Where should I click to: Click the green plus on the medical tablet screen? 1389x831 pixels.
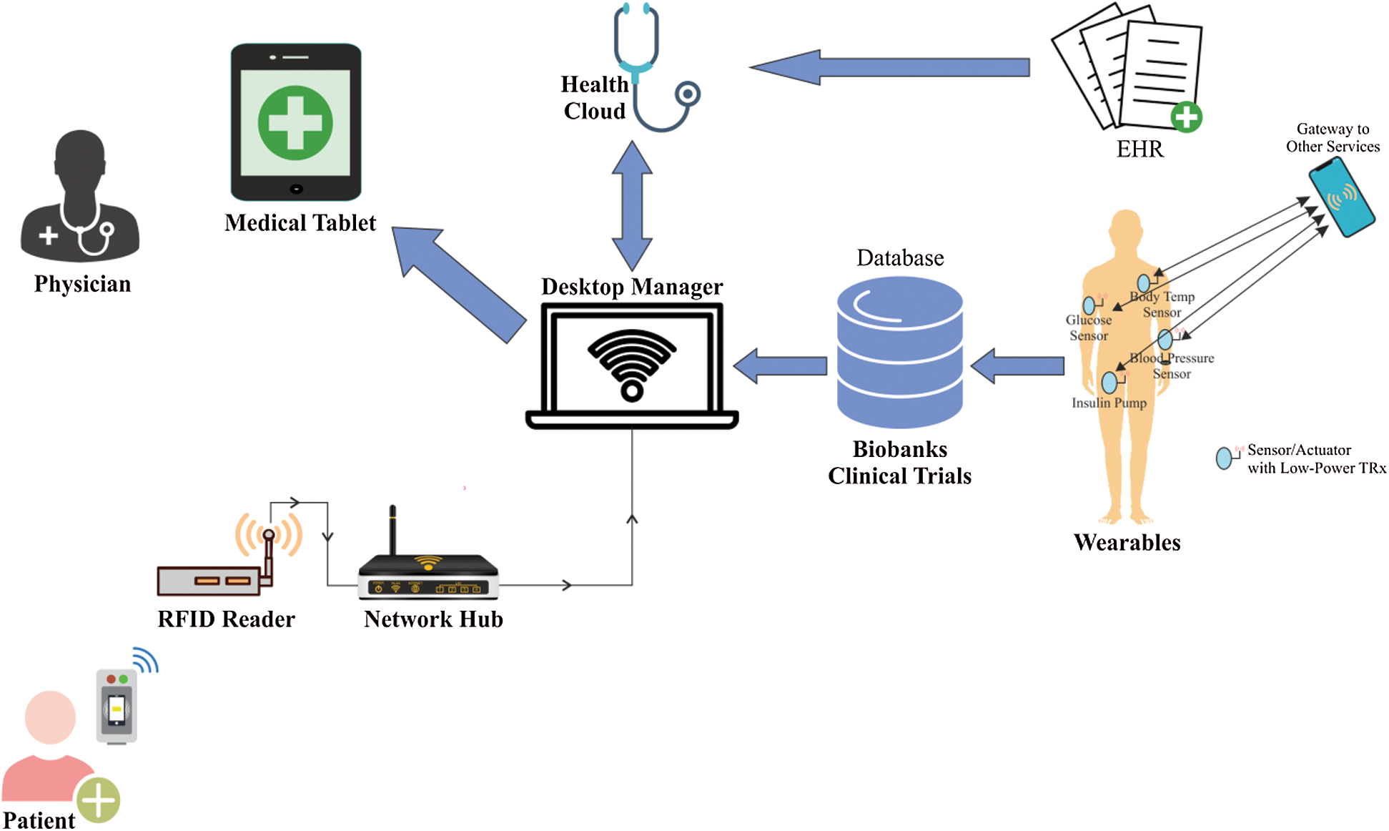(295, 123)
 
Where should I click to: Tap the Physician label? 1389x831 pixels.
(82, 284)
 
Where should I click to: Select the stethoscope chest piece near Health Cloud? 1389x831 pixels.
(688, 94)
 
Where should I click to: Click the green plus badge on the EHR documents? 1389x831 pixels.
(1186, 117)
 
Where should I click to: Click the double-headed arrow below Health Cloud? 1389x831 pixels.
(632, 205)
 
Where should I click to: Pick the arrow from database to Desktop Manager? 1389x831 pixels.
(781, 365)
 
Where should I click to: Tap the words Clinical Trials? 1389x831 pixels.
(899, 476)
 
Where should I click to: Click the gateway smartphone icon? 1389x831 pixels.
(1342, 197)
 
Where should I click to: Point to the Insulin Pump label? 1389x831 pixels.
(1109, 403)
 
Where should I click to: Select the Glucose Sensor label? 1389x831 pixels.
(1088, 328)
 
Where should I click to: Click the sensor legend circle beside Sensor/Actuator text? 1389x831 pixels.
(1224, 458)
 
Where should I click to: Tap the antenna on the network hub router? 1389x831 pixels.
(392, 529)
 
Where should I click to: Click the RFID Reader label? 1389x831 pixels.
(226, 619)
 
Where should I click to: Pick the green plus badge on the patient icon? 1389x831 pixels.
(99, 800)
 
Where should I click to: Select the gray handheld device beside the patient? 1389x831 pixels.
(117, 707)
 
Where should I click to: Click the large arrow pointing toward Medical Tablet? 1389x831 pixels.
(458, 283)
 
